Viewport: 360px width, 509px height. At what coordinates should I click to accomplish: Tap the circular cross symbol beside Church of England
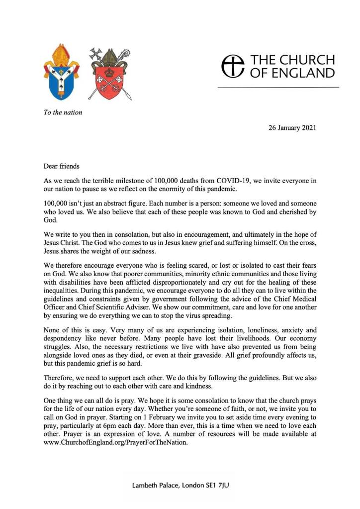click(x=233, y=66)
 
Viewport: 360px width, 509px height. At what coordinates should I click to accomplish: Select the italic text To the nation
click(x=63, y=112)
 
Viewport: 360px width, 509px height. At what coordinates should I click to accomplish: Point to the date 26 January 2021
click(x=292, y=128)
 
